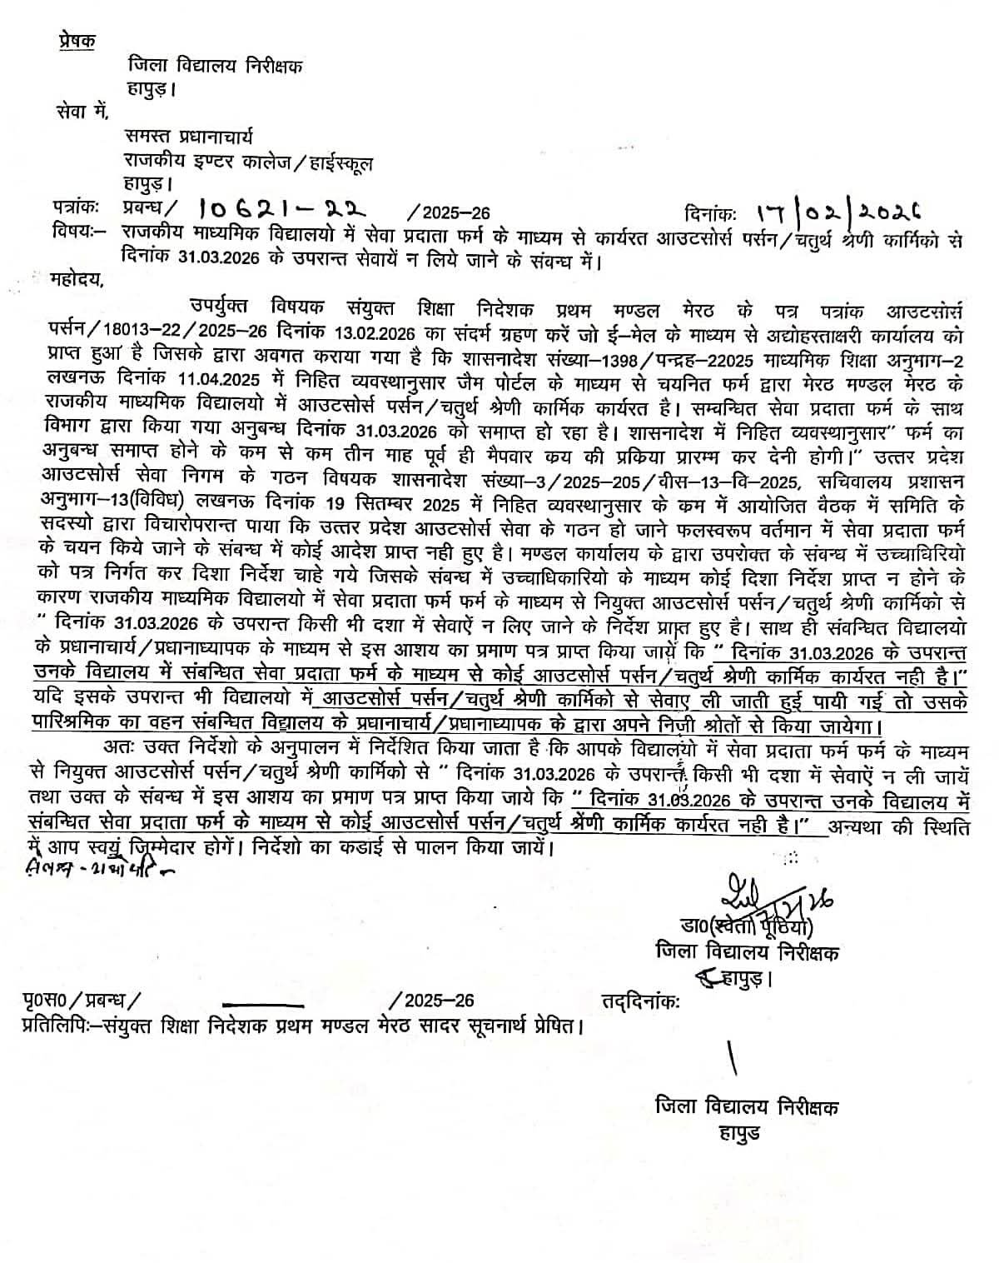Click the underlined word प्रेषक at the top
tap(77, 40)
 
